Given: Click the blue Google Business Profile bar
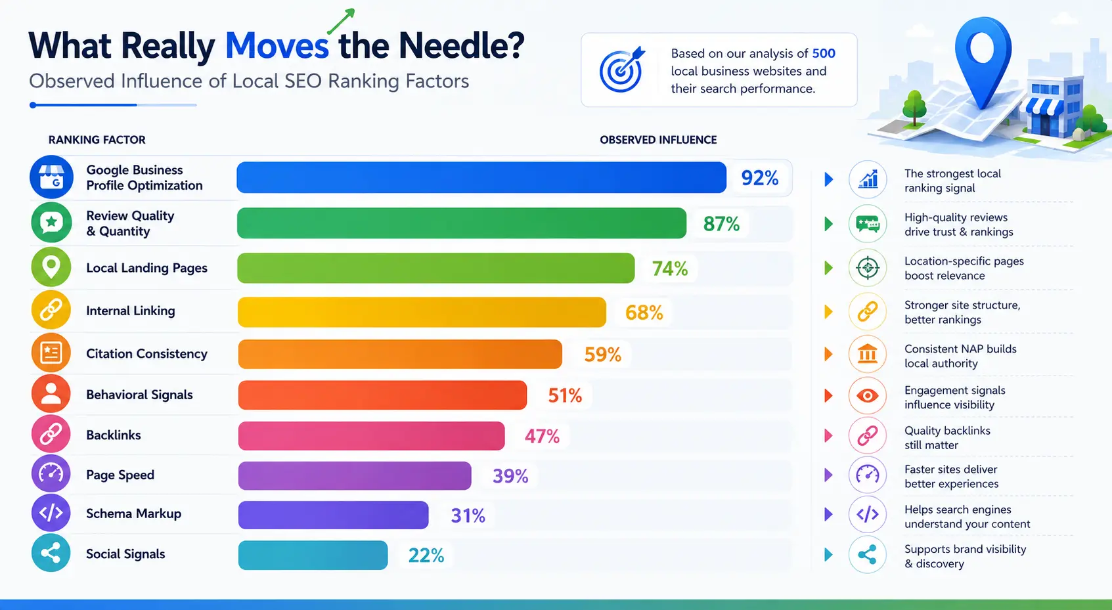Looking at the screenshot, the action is click(481, 177).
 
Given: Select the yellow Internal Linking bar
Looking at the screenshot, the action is click(422, 312).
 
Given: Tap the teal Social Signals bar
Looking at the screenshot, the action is click(313, 555).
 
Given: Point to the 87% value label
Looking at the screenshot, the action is click(721, 224).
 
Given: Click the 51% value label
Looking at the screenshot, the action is click(565, 395).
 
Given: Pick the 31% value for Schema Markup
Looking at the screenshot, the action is click(468, 515).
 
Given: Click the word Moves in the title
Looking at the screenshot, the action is click(277, 46).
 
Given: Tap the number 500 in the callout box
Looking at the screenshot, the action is click(824, 53).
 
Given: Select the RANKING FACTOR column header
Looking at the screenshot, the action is click(97, 140).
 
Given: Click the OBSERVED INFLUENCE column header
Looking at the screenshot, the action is click(658, 140).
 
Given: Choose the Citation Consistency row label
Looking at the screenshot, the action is click(146, 353).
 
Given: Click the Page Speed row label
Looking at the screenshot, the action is click(120, 475).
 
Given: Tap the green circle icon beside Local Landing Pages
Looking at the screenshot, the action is click(51, 267).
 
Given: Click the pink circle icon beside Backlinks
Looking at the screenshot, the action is click(51, 434).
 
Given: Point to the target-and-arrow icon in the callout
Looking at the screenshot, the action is click(622, 70).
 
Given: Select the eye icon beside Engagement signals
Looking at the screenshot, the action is click(867, 395).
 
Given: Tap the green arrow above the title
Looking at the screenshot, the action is click(341, 22).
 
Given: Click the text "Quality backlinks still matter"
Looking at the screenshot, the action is click(947, 438).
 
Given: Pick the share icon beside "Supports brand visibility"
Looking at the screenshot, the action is click(867, 554).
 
